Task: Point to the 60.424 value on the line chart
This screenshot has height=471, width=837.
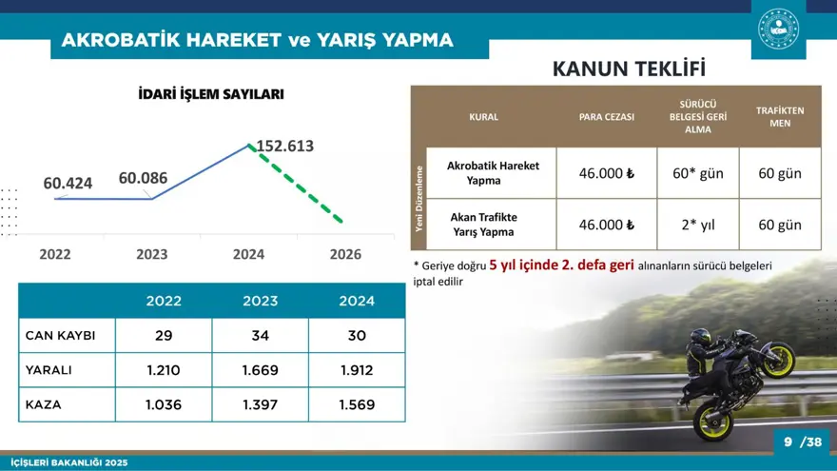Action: click(68, 183)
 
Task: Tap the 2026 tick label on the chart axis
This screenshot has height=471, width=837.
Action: click(345, 254)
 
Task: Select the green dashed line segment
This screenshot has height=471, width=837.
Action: click(296, 184)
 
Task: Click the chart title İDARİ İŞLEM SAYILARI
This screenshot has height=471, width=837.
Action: click(210, 94)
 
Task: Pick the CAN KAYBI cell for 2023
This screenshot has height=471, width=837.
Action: click(260, 335)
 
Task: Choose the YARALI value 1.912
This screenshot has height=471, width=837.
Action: click(356, 370)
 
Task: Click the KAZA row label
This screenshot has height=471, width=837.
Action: click(44, 404)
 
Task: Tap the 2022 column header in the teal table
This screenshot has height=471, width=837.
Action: click(164, 301)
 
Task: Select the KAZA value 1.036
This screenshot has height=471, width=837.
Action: click(164, 404)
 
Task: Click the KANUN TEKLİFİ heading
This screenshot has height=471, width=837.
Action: click(629, 69)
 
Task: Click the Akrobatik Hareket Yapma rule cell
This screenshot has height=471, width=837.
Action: click(493, 172)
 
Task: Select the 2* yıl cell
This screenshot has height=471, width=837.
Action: click(697, 225)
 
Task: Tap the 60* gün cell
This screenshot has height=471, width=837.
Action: click(697, 173)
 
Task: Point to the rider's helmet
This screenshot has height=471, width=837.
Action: click(699, 338)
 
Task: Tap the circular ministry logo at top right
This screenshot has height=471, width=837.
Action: click(778, 28)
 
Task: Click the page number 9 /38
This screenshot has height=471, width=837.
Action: click(802, 442)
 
